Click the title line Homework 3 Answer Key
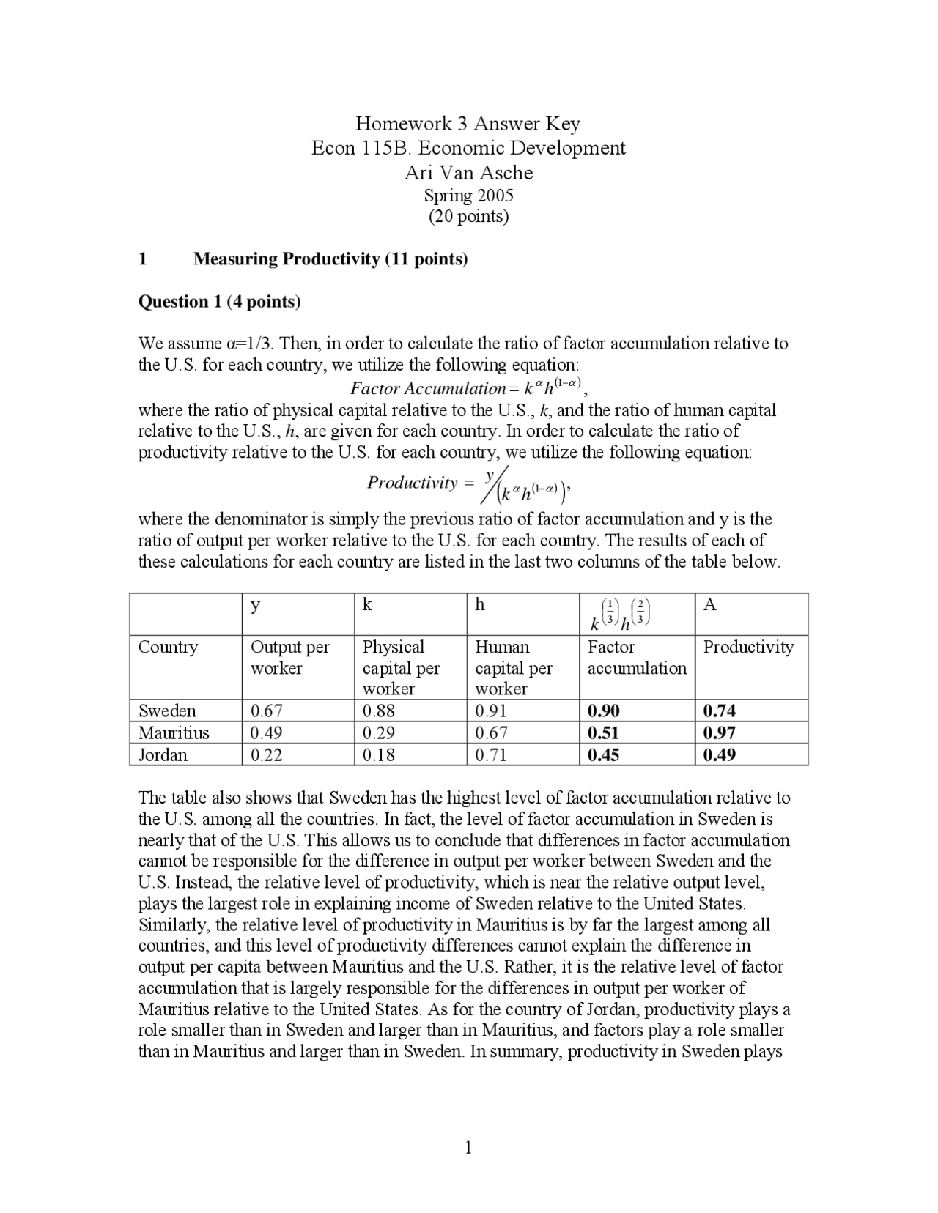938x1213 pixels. click(x=468, y=123)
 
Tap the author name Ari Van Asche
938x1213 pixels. click(x=468, y=173)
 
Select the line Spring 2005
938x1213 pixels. click(x=468, y=196)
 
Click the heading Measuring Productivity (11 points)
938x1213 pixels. click(x=330, y=259)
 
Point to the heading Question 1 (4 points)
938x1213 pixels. click(x=219, y=301)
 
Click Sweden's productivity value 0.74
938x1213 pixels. click(x=719, y=711)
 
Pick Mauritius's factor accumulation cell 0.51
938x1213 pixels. click(x=603, y=732)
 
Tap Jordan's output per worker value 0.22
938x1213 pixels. click(x=266, y=754)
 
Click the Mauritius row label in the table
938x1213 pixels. click(x=174, y=732)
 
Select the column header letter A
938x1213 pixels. click(x=709, y=604)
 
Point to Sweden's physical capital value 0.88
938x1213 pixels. click(x=378, y=711)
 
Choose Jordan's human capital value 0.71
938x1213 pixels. click(x=490, y=754)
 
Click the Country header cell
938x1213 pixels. click(x=168, y=647)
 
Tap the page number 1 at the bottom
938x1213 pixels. click(x=468, y=1147)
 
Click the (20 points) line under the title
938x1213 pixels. click(x=468, y=217)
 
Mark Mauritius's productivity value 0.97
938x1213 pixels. click(x=719, y=732)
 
